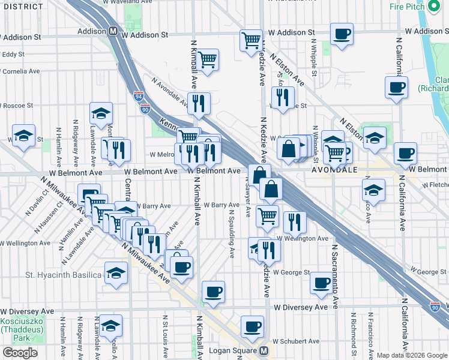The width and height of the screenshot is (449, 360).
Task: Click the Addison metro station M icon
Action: coord(113,31)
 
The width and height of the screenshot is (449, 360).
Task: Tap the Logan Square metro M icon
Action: coord(264,351)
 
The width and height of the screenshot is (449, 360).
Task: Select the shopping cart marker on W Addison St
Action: coord(252,40)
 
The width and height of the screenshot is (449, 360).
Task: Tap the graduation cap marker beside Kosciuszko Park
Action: coord(110,325)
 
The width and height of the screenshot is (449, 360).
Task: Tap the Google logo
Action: coord(20,353)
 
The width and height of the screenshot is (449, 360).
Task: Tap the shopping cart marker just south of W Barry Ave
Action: coord(267,215)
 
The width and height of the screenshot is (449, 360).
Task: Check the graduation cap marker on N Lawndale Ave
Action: coord(101,112)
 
